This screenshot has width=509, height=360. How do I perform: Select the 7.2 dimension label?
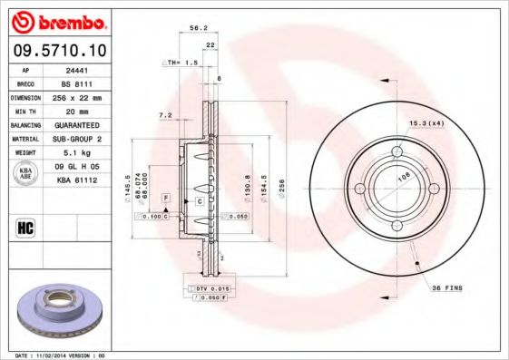click(165, 115)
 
